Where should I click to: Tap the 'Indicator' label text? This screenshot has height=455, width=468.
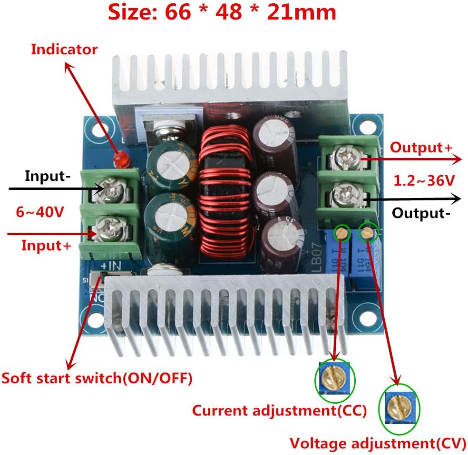[64, 49]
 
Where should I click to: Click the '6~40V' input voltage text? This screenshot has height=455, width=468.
[39, 212]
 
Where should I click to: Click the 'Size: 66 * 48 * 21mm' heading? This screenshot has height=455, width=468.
[222, 12]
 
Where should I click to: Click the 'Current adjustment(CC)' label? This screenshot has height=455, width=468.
[279, 410]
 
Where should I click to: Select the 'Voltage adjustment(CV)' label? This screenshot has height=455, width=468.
[378, 444]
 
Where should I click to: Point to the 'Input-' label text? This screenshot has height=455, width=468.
[48, 177]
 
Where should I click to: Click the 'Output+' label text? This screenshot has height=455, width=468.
[421, 147]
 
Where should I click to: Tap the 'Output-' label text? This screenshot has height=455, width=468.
[420, 213]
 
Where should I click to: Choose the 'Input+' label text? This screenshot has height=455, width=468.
[46, 246]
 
